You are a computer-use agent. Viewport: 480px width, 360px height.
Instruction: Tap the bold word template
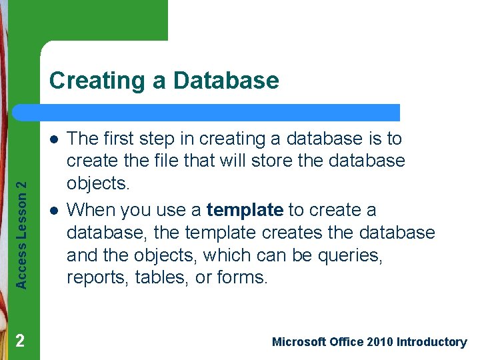pos(245,210)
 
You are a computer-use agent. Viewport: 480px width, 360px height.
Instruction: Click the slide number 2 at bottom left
pos(20,341)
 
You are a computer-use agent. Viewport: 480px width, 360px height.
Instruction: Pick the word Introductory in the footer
pos(431,342)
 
